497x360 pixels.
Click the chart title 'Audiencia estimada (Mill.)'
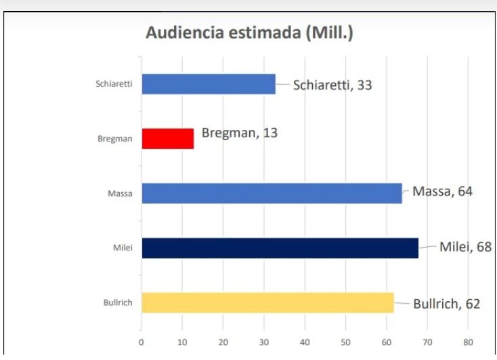pos(249,33)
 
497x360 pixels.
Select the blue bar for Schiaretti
pos(209,84)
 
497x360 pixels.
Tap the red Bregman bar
pos(168,139)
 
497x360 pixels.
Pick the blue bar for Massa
pos(272,193)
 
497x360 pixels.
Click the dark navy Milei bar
pos(280,248)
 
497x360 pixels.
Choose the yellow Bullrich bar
pos(267,302)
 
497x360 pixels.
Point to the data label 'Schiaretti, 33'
pos(332,85)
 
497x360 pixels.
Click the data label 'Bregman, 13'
pos(240,133)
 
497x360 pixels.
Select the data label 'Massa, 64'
pos(442,191)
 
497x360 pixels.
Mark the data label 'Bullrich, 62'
pos(446,304)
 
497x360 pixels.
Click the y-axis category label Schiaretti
pos(114,85)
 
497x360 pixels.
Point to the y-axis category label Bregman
pos(115,139)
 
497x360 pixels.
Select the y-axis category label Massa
pos(120,194)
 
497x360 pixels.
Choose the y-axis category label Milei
pos(122,248)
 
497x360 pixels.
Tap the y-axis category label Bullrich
pos(117,302)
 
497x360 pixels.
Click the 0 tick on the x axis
pos(141,342)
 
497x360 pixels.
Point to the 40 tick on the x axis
pos(305,342)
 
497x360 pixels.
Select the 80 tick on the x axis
pos(468,342)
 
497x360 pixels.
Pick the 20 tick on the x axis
pos(223,342)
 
